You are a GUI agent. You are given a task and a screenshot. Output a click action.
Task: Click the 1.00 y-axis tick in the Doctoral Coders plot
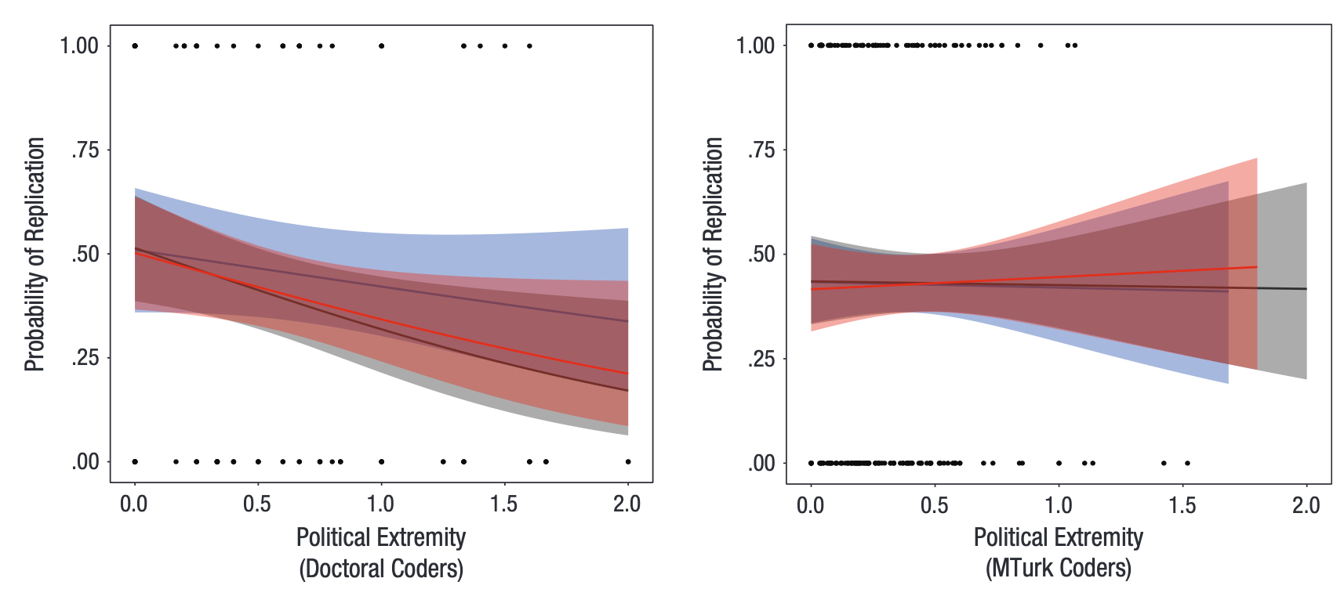click(80, 45)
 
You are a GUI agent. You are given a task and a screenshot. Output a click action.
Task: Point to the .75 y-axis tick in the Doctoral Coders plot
click(85, 150)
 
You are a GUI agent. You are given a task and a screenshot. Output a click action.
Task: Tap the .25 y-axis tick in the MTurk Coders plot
click(761, 359)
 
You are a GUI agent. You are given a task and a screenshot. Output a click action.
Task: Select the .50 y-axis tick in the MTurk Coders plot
click(761, 254)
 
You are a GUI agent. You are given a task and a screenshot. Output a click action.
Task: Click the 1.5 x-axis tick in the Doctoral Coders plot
click(504, 504)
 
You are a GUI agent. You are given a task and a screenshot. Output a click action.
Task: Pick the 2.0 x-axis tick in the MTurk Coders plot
click(1306, 505)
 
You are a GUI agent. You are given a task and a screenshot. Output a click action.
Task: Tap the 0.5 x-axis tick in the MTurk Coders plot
click(935, 505)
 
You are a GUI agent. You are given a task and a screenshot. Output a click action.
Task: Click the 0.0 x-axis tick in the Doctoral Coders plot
click(134, 504)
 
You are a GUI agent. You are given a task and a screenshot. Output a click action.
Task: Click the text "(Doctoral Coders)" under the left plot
click(381, 568)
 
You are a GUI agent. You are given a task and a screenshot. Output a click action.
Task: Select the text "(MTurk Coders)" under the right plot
click(1059, 568)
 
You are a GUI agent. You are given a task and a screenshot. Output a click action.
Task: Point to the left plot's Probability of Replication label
click(35, 254)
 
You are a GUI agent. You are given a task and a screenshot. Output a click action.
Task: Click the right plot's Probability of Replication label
click(712, 254)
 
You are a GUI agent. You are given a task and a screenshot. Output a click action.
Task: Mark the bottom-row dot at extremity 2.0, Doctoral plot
click(628, 461)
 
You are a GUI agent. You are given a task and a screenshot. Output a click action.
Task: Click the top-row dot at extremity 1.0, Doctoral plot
click(381, 45)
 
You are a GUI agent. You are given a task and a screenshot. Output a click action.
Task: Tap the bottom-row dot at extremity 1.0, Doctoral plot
click(381, 461)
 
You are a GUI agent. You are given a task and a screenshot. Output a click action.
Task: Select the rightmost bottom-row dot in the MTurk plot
click(1187, 463)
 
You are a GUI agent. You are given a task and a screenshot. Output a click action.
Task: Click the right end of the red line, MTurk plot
click(1256, 267)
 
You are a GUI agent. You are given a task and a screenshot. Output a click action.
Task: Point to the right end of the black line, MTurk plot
click(1306, 289)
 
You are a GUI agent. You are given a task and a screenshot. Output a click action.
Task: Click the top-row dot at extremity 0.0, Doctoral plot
click(135, 45)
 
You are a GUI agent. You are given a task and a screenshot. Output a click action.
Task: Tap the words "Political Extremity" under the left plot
click(381, 537)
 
